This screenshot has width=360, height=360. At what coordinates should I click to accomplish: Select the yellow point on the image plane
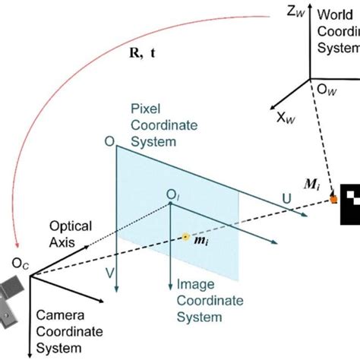[x=185, y=237]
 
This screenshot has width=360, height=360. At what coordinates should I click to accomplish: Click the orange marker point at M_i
[x=333, y=200]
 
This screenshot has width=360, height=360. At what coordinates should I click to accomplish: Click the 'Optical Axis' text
[x=71, y=233]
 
